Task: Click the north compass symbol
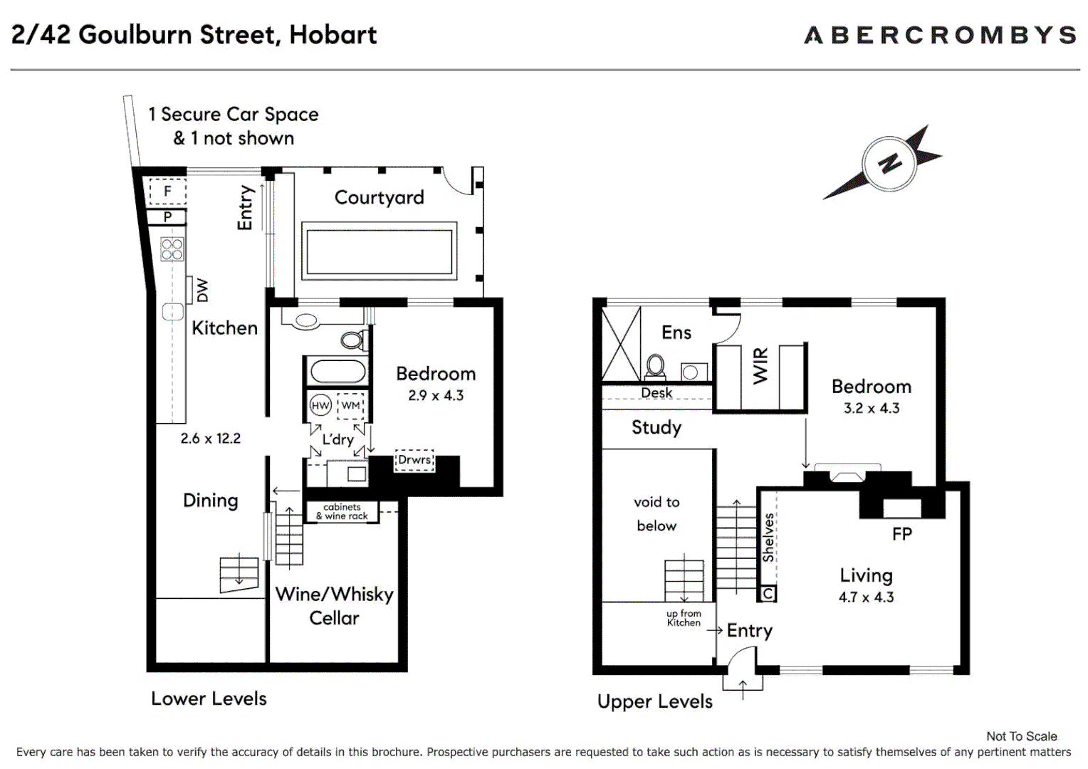click(x=888, y=163)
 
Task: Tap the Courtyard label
click(x=379, y=197)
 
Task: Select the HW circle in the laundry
click(x=320, y=405)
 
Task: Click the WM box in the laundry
click(x=350, y=405)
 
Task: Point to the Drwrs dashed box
click(x=414, y=460)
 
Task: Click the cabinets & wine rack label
click(x=342, y=511)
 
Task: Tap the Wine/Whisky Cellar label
click(x=334, y=606)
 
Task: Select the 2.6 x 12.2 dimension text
click(x=210, y=439)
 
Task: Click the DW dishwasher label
click(x=203, y=290)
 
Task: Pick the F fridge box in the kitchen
click(x=167, y=191)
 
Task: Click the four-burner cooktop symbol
click(x=172, y=249)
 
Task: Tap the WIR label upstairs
click(x=760, y=366)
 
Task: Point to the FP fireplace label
click(x=901, y=534)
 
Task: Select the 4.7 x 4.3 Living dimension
click(x=866, y=597)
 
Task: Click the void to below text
click(x=657, y=513)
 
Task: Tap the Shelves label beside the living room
click(x=768, y=538)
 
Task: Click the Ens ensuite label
click(x=676, y=333)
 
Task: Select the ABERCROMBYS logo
click(x=940, y=35)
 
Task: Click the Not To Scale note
click(x=1021, y=736)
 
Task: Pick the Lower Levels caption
click(x=209, y=699)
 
